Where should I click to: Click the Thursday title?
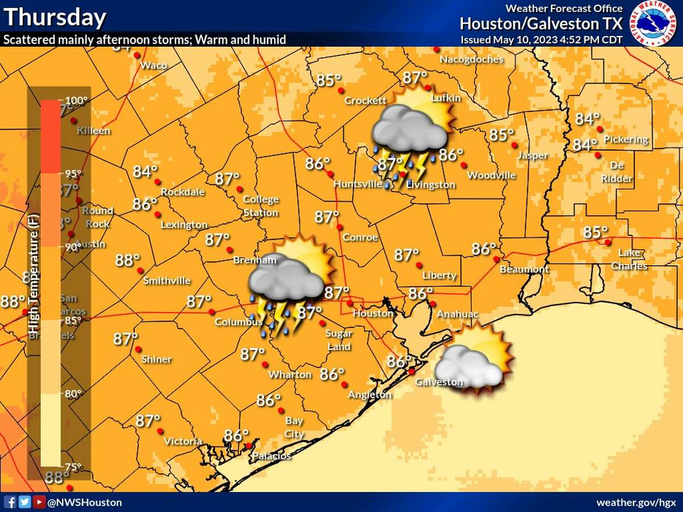pyautogui.click(x=55, y=17)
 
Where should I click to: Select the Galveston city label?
pyautogui.click(x=439, y=382)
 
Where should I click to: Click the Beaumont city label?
pyautogui.click(x=524, y=269)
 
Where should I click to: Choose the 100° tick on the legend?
pyautogui.click(x=76, y=101)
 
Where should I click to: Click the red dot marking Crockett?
pyautogui.click(x=341, y=90)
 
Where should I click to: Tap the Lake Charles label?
pyautogui.click(x=628, y=259)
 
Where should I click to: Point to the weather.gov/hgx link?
pyautogui.click(x=637, y=502)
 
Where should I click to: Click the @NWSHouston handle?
pyautogui.click(x=84, y=502)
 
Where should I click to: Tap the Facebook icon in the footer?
pyautogui.click(x=10, y=502)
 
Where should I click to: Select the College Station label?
pyautogui.click(x=261, y=206)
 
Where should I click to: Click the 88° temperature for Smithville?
pyautogui.click(x=127, y=260)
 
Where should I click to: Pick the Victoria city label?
pyautogui.click(x=183, y=441)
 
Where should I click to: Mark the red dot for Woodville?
pyautogui.click(x=464, y=165)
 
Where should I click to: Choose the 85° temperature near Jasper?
pyautogui.click(x=502, y=135)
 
